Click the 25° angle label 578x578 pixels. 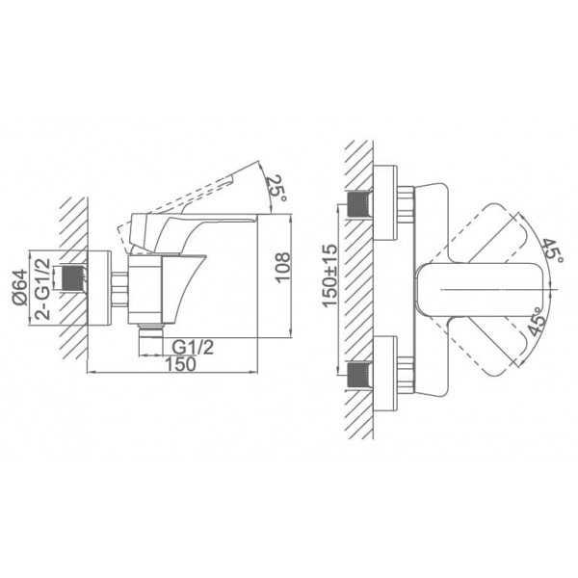(276, 189)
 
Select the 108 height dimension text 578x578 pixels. (283, 268)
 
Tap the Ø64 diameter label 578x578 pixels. (20, 287)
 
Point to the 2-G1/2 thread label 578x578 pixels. (42, 289)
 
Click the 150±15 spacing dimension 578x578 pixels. (329, 275)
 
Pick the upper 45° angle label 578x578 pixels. (552, 250)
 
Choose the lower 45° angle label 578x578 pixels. (537, 322)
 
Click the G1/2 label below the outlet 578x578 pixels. (193, 347)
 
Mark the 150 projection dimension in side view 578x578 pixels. (180, 364)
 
